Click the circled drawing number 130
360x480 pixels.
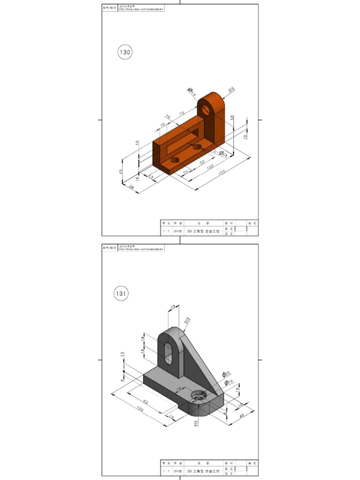pyautogui.click(x=125, y=52)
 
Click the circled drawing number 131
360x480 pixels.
pyautogui.click(x=121, y=294)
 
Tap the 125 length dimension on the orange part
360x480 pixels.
pyautogui.click(x=221, y=173)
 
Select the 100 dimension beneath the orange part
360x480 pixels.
pyautogui.click(x=210, y=167)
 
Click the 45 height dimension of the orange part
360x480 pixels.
pyautogui.click(x=121, y=172)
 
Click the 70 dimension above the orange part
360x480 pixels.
pyautogui.click(x=181, y=113)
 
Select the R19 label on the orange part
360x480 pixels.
pyautogui.click(x=231, y=89)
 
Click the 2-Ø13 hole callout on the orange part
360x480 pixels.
pyautogui.click(x=221, y=153)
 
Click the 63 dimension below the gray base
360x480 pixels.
pyautogui.click(x=145, y=402)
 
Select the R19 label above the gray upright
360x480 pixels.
pyautogui.click(x=187, y=322)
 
